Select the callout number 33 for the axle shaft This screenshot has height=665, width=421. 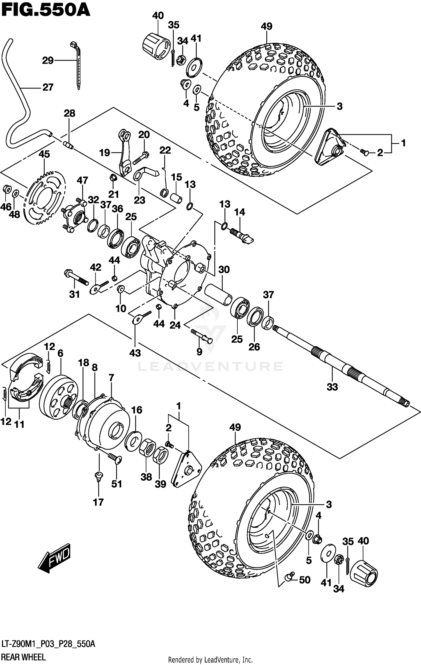pos(332,387)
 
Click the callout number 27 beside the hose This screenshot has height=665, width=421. pos(48,87)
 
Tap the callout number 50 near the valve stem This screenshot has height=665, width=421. pos(305,580)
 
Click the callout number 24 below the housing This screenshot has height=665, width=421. pos(175,325)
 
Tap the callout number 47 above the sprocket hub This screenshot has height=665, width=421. pos(82,180)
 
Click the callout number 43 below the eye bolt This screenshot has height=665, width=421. pos(135,353)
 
